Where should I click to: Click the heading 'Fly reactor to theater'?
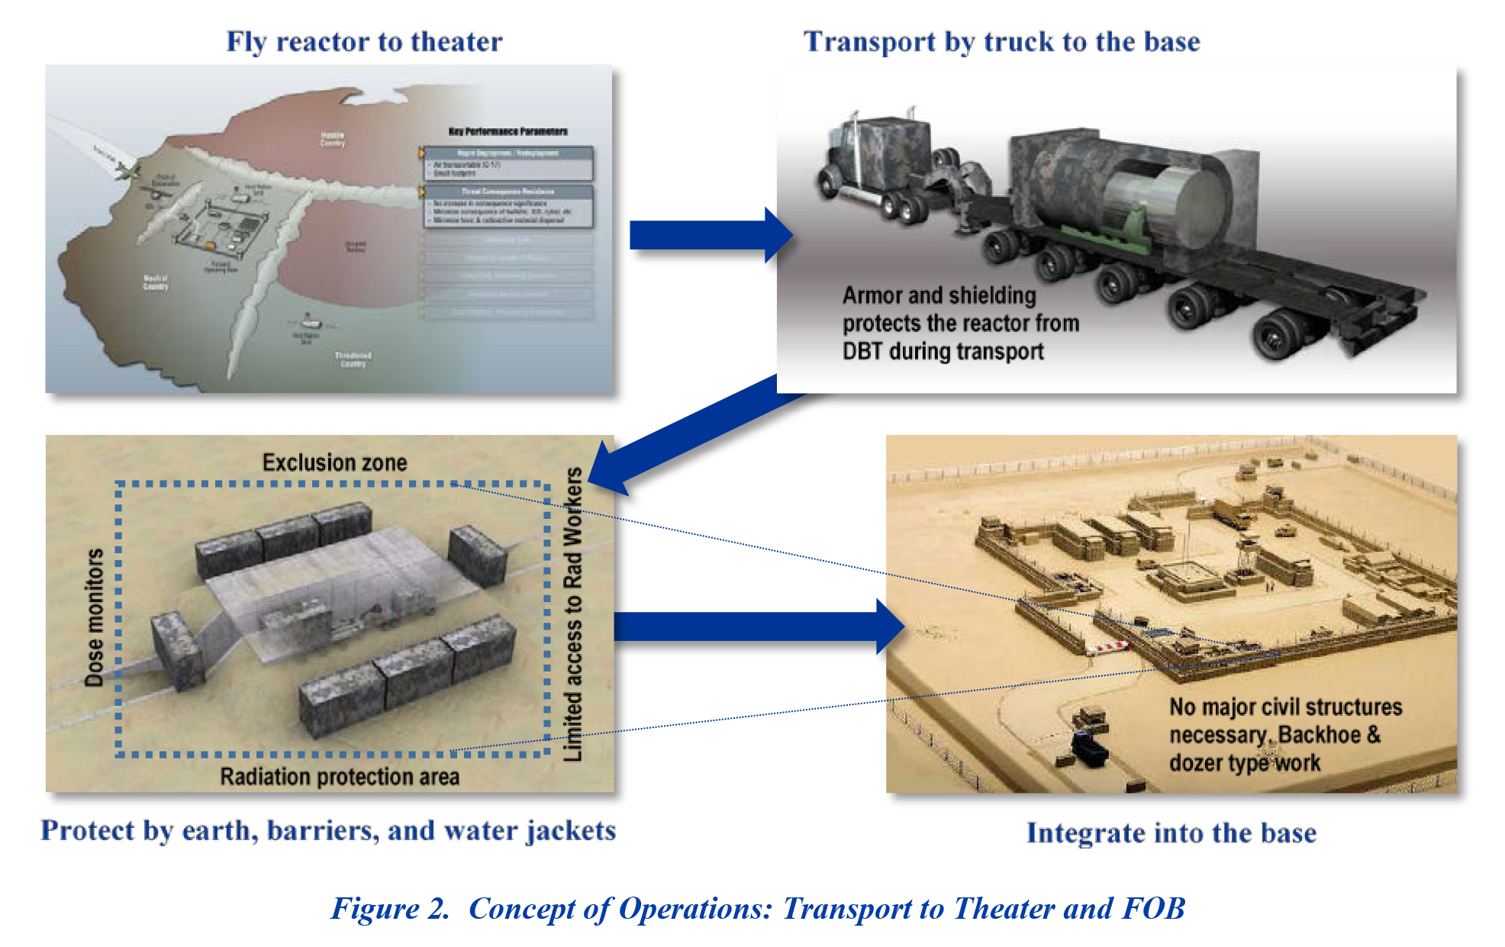[x=364, y=41]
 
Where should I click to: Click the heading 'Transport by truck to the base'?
[x=1001, y=41]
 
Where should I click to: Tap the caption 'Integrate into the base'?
[x=1171, y=833]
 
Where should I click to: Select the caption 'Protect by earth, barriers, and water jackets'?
[x=328, y=830]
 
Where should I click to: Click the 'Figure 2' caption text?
[x=757, y=908]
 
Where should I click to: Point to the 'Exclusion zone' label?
[x=334, y=462]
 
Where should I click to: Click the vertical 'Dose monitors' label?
[x=94, y=617]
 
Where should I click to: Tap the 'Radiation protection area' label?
[x=340, y=777]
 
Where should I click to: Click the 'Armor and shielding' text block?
[x=960, y=323]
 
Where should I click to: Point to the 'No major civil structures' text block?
[x=1285, y=734]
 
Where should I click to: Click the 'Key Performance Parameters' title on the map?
[x=508, y=131]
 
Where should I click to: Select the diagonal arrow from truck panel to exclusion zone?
[x=687, y=435]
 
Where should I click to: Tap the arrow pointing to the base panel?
[x=756, y=627]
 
